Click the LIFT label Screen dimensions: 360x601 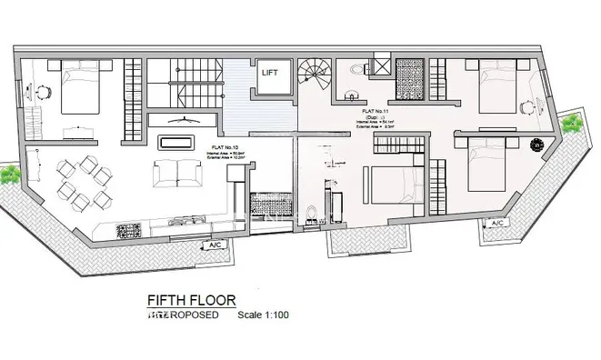tap(271, 72)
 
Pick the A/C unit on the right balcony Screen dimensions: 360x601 tap(496, 223)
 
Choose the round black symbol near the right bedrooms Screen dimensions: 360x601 tap(535, 144)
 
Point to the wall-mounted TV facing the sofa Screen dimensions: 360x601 tap(185, 119)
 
